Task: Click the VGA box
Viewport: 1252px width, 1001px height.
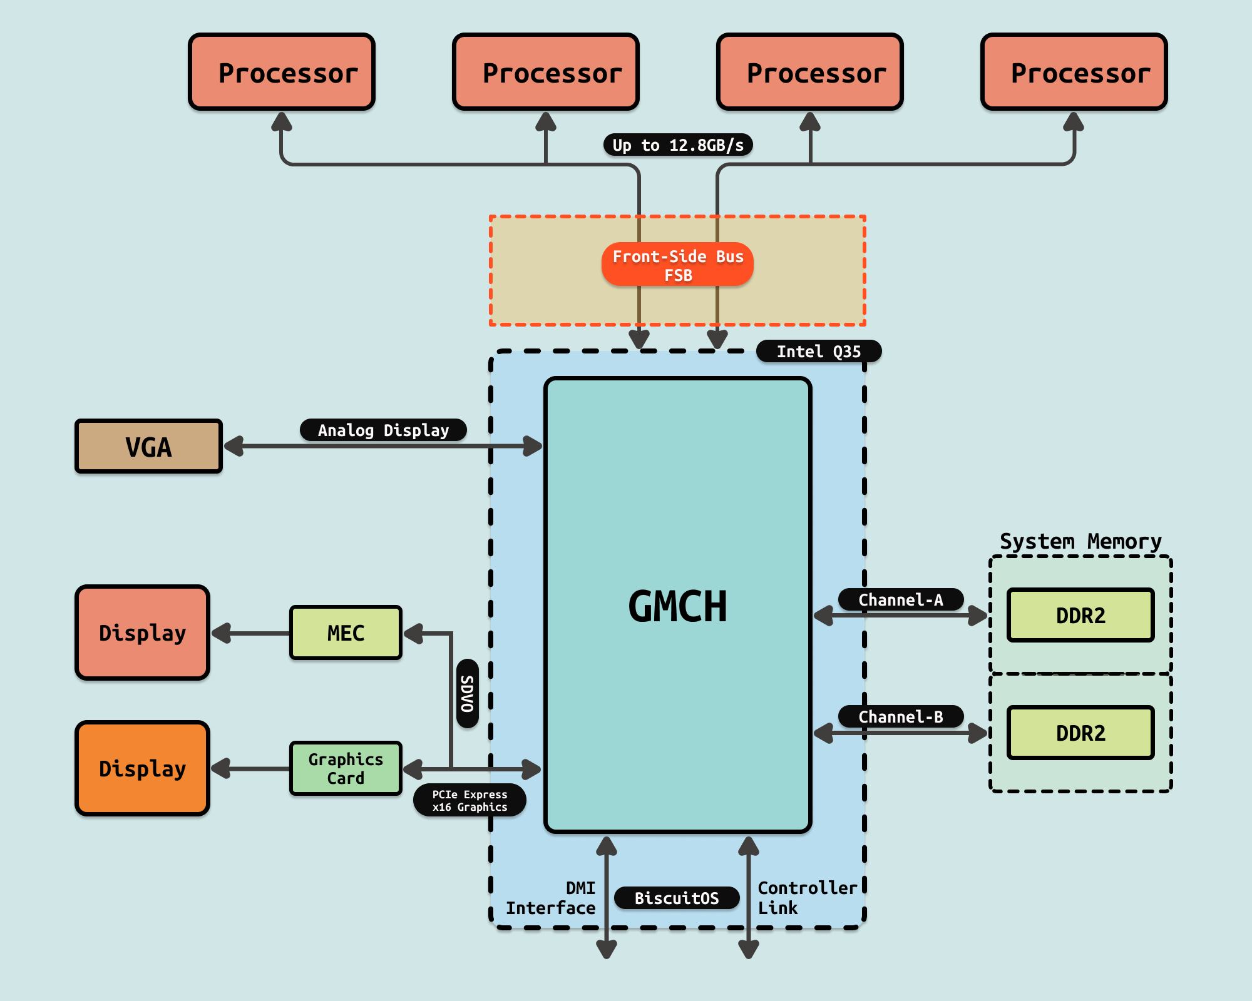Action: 148,446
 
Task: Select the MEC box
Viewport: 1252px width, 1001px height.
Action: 346,633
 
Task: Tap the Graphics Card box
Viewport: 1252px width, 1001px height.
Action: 346,768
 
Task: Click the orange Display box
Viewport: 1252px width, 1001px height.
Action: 142,768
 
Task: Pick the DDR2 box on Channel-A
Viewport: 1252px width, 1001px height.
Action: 1080,615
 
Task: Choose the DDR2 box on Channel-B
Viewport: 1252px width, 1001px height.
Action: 1080,733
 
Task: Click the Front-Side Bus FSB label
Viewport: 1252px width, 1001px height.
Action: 677,265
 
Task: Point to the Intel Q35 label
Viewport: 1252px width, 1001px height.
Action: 818,352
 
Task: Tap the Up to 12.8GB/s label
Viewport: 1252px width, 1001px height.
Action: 677,145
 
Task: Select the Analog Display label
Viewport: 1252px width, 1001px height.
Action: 383,430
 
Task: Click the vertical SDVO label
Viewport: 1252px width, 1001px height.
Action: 468,693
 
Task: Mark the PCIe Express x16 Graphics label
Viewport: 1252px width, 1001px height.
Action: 469,801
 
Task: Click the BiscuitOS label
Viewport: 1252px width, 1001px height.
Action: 677,898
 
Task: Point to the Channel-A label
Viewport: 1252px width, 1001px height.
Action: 900,599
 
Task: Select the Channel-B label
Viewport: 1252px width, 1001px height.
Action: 900,716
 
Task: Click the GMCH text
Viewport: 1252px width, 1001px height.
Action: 677,606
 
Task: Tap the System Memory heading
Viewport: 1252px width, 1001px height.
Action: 1080,541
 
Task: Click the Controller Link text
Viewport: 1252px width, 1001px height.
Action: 806,898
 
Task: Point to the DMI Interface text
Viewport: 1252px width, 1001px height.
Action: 551,898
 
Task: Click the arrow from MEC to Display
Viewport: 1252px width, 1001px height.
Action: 250,633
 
